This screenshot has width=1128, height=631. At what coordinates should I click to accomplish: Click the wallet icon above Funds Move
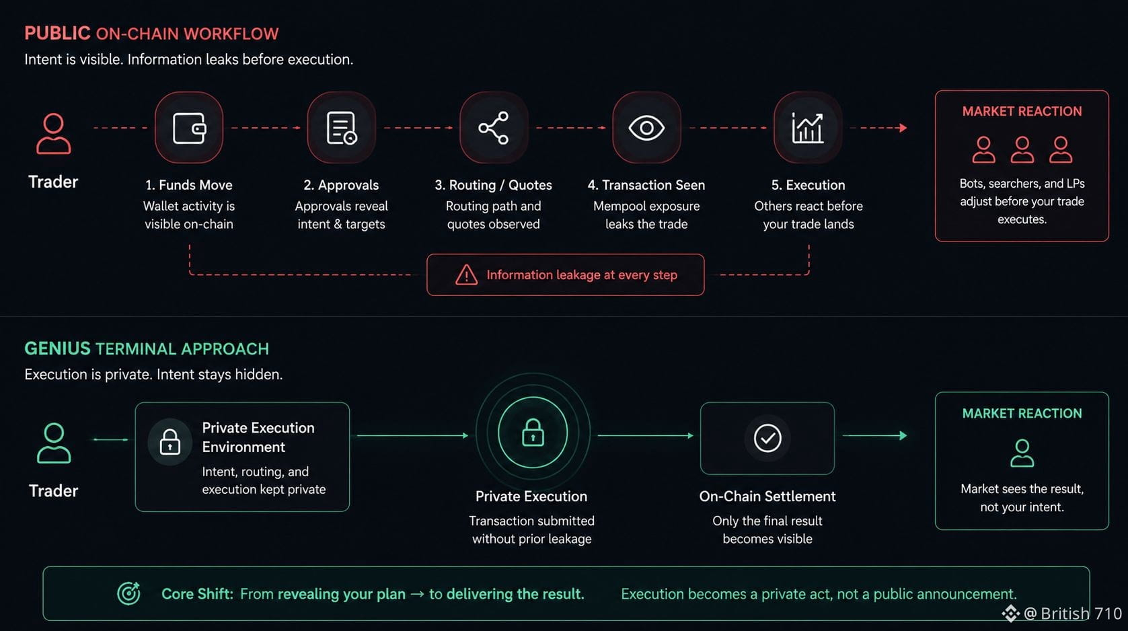(189, 128)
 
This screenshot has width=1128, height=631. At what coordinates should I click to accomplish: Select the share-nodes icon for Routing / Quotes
(494, 128)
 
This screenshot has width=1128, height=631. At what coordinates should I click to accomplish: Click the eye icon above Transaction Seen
(646, 128)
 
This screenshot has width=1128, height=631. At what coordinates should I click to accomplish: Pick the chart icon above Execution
(808, 128)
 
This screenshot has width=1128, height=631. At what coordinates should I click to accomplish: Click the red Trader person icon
(53, 133)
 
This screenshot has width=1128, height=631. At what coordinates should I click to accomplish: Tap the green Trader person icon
(54, 443)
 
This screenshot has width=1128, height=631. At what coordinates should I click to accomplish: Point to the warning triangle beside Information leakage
(466, 275)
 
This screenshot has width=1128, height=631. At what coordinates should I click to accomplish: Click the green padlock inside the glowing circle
(533, 433)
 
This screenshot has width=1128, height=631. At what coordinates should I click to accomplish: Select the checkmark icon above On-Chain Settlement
(767, 438)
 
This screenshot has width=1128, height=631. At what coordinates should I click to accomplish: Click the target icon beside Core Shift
(128, 593)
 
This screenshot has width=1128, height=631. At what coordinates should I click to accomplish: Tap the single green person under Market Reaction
(1022, 453)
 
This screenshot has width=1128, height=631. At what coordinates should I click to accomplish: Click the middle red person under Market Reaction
(1022, 149)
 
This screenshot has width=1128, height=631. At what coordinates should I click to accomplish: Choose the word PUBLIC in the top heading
(57, 33)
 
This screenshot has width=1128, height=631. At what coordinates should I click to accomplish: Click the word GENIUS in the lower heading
(57, 348)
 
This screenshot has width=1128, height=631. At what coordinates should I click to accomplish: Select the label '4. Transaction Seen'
(646, 185)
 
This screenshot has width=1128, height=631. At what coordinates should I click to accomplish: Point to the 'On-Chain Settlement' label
(767, 496)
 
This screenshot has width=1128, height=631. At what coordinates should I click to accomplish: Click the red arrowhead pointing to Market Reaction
(903, 128)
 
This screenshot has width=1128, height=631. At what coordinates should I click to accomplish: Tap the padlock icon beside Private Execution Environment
(170, 442)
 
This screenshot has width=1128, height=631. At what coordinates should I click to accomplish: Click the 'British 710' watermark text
(1081, 613)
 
